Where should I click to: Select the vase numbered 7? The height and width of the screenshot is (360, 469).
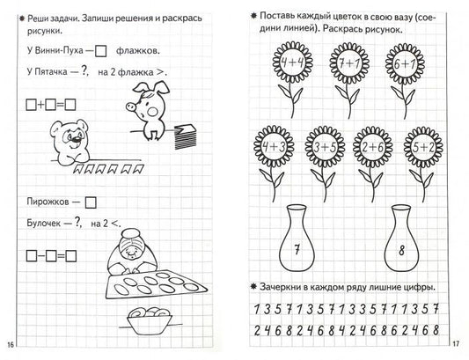pyautogui.click(x=297, y=239)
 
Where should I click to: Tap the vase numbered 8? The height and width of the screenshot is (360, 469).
pyautogui.click(x=401, y=239)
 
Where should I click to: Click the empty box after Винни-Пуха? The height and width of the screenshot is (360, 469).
pyautogui.click(x=101, y=51)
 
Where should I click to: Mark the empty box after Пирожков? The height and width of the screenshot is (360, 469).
pyautogui.click(x=91, y=202)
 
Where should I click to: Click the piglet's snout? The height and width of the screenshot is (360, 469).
pyautogui.click(x=131, y=107)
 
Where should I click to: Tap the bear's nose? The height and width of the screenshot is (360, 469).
pyautogui.click(x=77, y=139)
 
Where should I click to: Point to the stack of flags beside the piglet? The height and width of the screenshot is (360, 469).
pyautogui.click(x=185, y=136)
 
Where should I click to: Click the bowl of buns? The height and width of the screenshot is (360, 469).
pyautogui.click(x=150, y=320)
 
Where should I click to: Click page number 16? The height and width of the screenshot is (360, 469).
pyautogui.click(x=11, y=345)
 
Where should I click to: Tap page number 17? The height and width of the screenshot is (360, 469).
pyautogui.click(x=456, y=344)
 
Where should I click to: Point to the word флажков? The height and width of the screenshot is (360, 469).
pyautogui.click(x=137, y=50)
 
